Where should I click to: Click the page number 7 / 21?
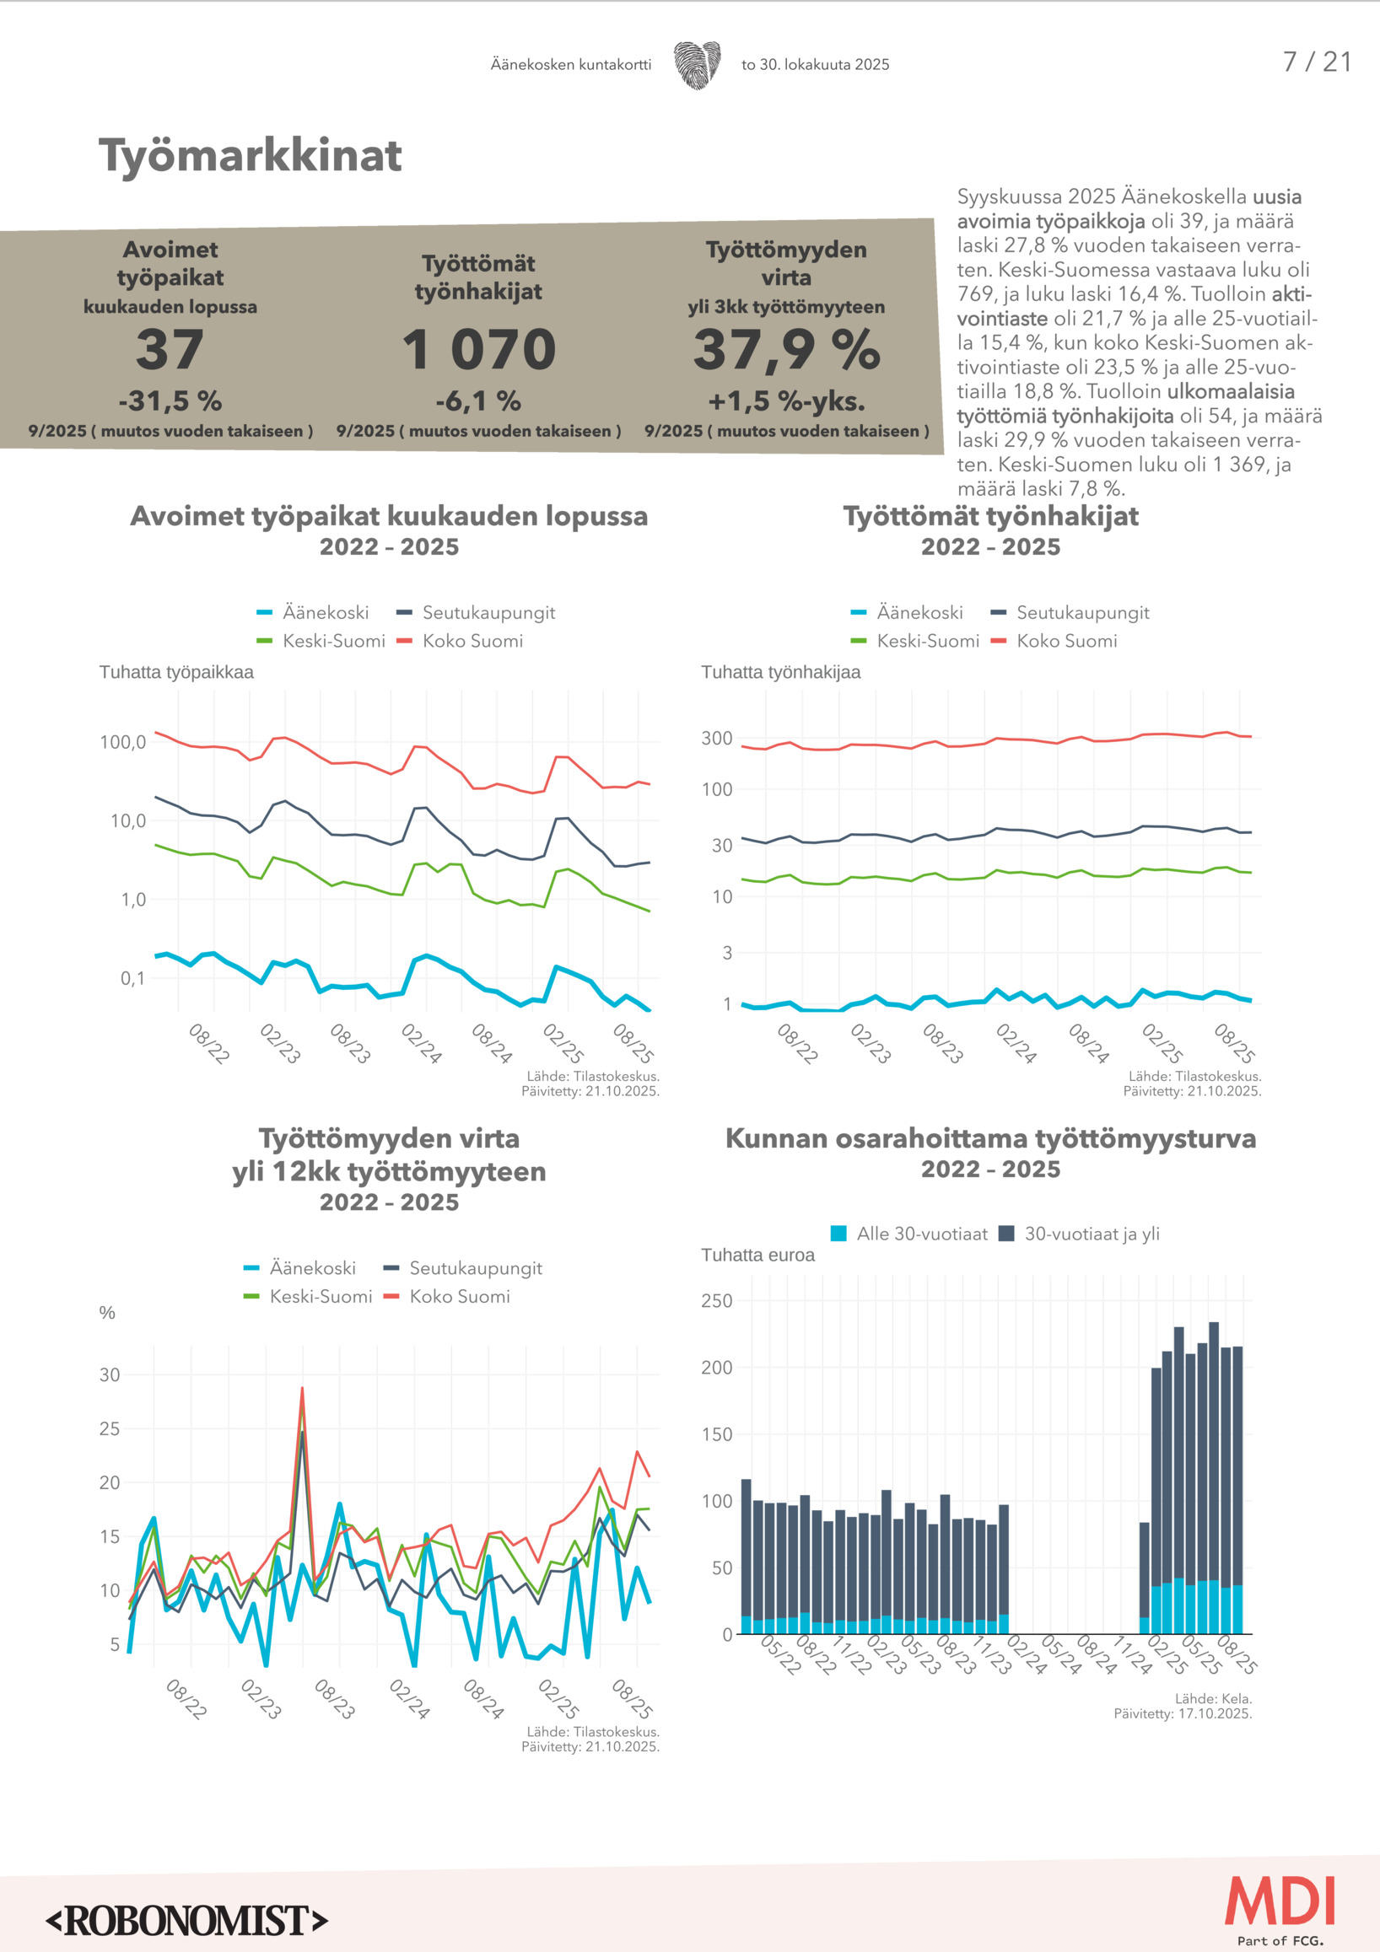1316,62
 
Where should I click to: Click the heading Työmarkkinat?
250,156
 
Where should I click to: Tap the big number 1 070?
479,349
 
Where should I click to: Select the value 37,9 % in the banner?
786,349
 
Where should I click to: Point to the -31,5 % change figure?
170,401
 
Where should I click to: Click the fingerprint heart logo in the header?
698,65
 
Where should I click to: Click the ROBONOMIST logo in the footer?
187,1921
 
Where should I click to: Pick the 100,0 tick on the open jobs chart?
122,742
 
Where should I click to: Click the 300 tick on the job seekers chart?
717,738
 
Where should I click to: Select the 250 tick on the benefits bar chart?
717,1301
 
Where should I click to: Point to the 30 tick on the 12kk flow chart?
110,1374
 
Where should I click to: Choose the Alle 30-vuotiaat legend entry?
910,1234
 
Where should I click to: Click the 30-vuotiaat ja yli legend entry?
1080,1234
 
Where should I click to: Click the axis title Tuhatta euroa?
757,1255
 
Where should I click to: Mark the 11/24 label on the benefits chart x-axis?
1133,1654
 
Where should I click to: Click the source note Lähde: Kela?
1213,1699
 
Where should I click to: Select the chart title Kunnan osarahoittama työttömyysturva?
990,1138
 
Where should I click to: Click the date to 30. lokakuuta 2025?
815,65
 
